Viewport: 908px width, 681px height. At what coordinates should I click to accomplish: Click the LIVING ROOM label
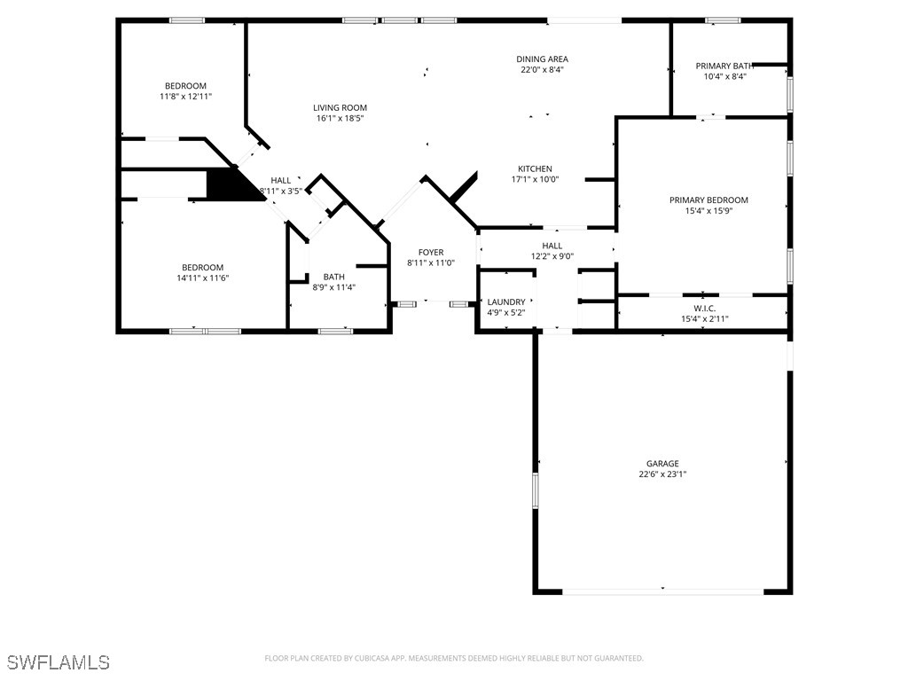(340, 107)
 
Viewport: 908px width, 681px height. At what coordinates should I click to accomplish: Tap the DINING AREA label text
(542, 59)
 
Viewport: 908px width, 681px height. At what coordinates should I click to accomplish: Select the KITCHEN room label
(535, 168)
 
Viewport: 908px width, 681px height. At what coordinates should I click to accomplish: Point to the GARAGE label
(662, 463)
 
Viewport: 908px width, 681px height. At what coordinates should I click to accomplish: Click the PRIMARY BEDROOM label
(708, 200)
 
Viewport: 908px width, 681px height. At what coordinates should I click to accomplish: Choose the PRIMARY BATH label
(724, 66)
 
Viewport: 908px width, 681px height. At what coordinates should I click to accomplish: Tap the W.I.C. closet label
(704, 308)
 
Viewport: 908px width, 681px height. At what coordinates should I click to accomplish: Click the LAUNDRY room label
(505, 301)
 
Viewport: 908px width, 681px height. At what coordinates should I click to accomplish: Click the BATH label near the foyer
(333, 276)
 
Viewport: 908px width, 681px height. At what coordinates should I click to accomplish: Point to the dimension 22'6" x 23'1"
(662, 474)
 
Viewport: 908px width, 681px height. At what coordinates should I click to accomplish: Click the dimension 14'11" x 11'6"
(202, 278)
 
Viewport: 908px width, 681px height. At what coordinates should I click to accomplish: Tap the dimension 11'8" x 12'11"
(185, 97)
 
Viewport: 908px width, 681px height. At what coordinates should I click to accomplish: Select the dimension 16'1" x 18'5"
(340, 118)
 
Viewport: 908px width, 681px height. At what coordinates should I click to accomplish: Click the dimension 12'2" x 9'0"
(552, 257)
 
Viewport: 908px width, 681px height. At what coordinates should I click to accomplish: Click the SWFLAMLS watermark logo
(59, 662)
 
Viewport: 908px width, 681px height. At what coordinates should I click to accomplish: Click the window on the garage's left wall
(535, 490)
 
